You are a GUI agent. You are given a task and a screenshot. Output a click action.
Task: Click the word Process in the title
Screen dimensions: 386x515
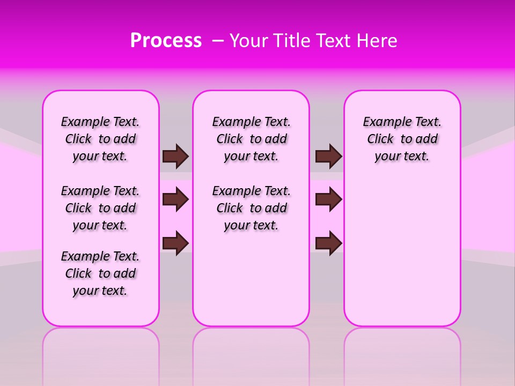click(166, 41)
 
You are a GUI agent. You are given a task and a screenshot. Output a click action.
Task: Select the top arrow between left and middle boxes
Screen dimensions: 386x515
click(175, 156)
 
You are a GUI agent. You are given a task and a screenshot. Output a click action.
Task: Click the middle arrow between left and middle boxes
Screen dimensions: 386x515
click(175, 200)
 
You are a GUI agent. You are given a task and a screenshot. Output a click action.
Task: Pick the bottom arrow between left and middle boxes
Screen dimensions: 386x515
click(175, 243)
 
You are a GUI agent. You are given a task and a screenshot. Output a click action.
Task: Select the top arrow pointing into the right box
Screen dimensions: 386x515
click(328, 156)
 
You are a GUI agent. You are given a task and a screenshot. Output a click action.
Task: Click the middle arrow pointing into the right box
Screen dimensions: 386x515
click(328, 200)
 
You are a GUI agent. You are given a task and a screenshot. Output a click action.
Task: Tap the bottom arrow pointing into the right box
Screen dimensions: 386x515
click(328, 243)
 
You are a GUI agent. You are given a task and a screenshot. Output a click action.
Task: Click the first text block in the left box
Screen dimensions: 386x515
click(100, 139)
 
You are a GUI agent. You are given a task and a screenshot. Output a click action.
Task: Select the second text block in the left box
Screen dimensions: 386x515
click(100, 208)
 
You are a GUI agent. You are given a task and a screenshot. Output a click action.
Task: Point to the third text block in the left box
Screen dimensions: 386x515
click(100, 273)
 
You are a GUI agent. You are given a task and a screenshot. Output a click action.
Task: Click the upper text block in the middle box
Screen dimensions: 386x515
click(251, 139)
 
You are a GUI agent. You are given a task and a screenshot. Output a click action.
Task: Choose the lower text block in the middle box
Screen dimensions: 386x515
click(251, 208)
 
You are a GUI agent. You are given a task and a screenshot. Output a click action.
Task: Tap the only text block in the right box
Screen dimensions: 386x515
click(402, 139)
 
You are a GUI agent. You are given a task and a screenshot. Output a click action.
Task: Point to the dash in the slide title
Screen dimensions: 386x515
click(218, 41)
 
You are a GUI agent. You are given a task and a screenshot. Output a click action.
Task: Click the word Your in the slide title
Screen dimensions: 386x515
click(248, 41)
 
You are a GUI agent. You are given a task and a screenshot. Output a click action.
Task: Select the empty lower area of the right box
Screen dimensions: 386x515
click(402, 247)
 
